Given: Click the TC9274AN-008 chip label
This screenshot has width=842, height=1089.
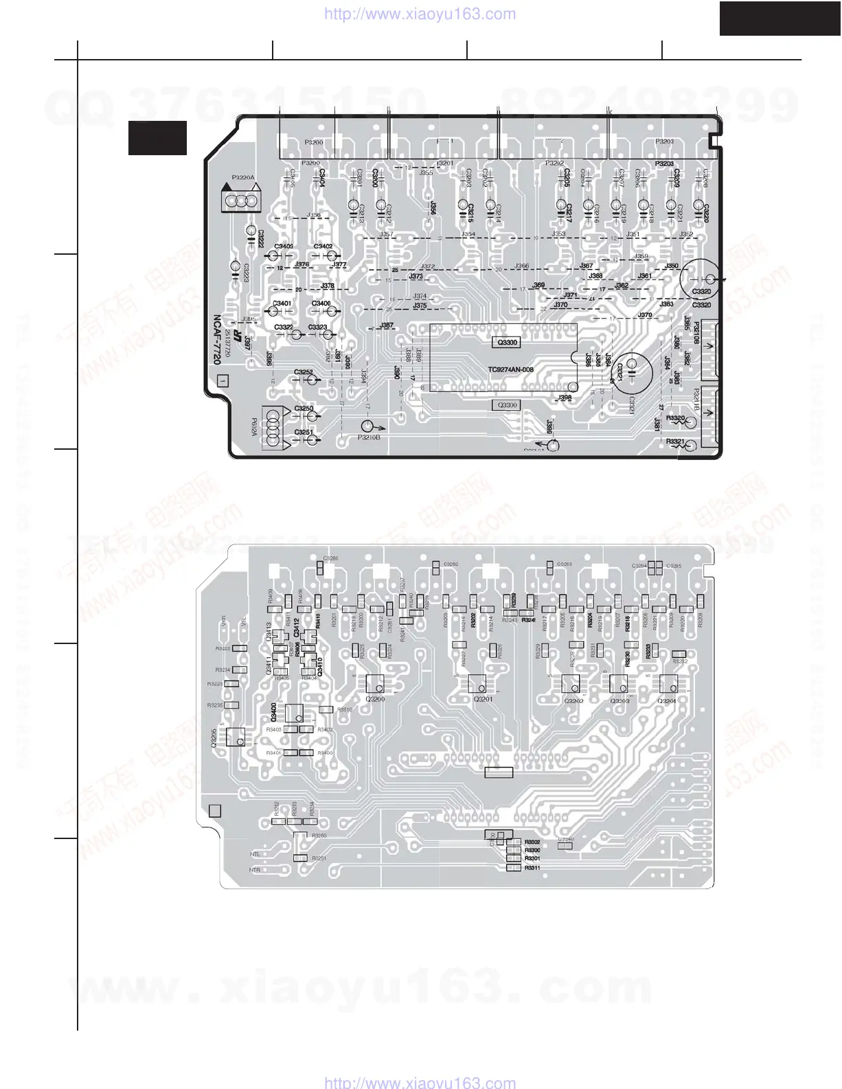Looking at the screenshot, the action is tap(510, 370).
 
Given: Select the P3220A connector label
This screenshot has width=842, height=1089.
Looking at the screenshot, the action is tap(243, 178).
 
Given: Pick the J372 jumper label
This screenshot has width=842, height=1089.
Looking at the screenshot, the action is tap(427, 266).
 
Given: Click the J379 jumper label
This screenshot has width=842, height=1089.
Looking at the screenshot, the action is tap(645, 315).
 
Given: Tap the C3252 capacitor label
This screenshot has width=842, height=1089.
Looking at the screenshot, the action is tap(304, 372).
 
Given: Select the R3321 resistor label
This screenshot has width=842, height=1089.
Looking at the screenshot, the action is tap(675, 442).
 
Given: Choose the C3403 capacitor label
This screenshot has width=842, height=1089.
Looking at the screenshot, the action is tap(284, 247).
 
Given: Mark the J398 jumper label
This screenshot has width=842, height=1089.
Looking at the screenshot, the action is tap(565, 398).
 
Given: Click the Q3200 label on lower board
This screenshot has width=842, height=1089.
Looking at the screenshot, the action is tap(376, 699).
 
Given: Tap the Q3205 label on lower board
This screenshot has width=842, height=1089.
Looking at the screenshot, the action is tap(214, 737).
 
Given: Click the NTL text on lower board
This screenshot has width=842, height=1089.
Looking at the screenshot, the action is tap(255, 855).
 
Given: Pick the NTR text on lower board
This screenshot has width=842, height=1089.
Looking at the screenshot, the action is tap(255, 870).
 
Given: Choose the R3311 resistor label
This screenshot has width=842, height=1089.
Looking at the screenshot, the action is tap(532, 868).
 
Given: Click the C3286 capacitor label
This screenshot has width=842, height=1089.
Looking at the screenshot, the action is tap(331, 558).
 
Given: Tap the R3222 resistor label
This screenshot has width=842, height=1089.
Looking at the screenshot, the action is tap(222, 648).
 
